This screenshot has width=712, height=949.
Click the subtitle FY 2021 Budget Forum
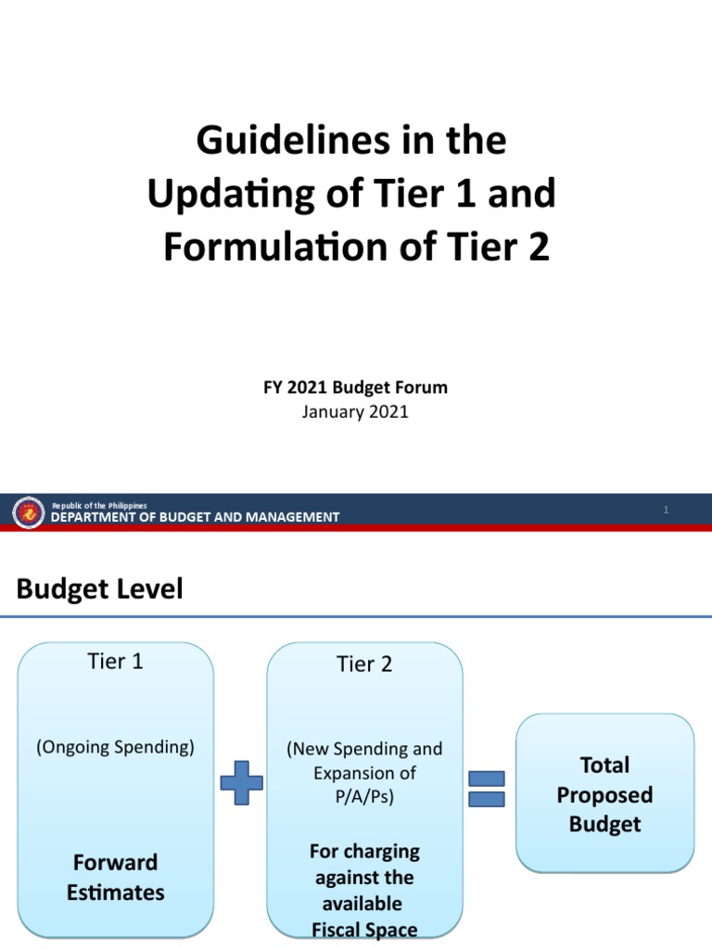[x=355, y=387]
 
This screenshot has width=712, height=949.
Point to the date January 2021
[x=355, y=412]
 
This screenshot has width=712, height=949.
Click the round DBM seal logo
[x=29, y=512]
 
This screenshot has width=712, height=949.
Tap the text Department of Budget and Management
[x=195, y=517]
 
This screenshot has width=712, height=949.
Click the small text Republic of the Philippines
[x=98, y=505]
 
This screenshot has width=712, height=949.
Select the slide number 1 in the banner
[x=666, y=511]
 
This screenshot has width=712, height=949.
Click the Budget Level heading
[x=100, y=589]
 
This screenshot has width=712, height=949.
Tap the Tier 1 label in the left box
[x=115, y=662]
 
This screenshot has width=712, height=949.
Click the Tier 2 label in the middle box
[x=364, y=664]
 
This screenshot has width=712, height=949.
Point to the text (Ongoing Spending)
[x=115, y=747]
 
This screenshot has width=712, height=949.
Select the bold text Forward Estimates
[x=115, y=877]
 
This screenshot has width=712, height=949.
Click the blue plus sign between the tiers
[x=241, y=782]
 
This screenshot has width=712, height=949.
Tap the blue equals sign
[x=486, y=788]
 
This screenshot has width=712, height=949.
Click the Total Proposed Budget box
[x=604, y=794]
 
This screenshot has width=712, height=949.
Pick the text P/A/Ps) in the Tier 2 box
[x=364, y=796]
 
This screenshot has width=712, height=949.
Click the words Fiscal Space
[x=364, y=930]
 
